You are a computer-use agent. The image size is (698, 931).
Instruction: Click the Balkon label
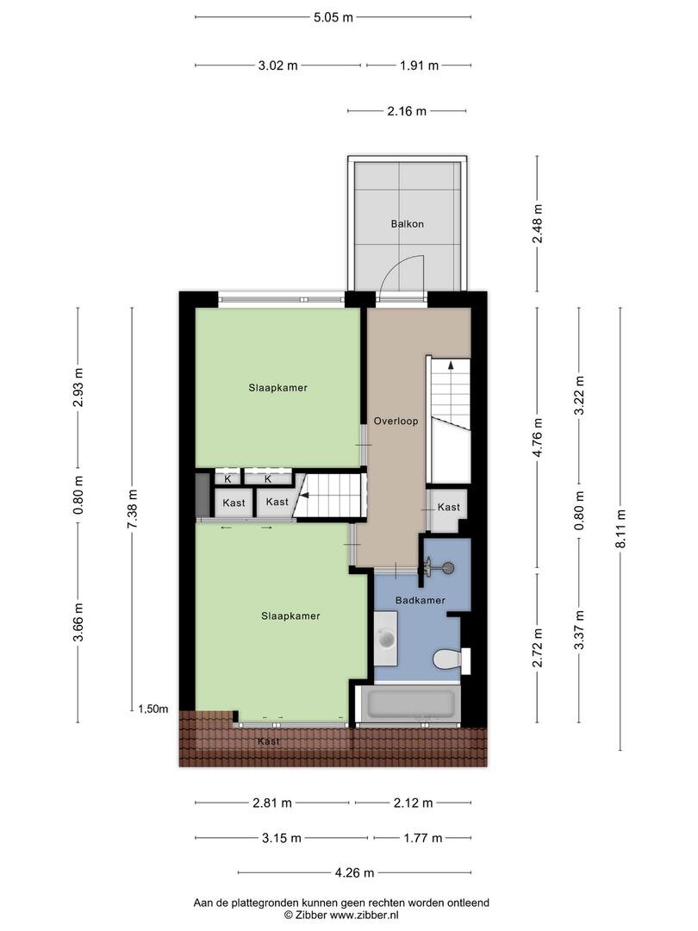coord(407,224)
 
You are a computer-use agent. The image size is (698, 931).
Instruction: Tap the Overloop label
coord(396,421)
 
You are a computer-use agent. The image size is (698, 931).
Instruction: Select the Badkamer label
coord(421,600)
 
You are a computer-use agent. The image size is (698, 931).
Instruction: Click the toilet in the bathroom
coord(451,659)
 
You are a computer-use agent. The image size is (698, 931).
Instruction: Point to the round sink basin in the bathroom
coord(387,639)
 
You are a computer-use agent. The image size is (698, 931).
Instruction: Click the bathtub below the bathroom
coord(410,703)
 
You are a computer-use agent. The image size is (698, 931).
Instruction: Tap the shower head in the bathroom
coord(449,567)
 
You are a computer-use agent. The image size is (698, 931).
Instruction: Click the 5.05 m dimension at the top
coord(333,17)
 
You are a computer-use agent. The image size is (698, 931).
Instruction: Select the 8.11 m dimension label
coord(620,528)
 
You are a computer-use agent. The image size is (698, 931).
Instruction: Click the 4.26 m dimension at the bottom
coord(354,872)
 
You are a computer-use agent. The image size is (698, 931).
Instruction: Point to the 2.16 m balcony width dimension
coord(407,111)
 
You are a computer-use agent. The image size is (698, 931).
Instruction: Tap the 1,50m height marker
coord(153,709)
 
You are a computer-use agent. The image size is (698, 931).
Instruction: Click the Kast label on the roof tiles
coord(269,741)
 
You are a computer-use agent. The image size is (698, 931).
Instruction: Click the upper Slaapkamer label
coord(277,388)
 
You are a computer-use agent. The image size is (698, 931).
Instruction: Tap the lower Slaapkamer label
coord(291,616)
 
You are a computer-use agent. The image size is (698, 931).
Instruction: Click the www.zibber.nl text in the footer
coord(364,915)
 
